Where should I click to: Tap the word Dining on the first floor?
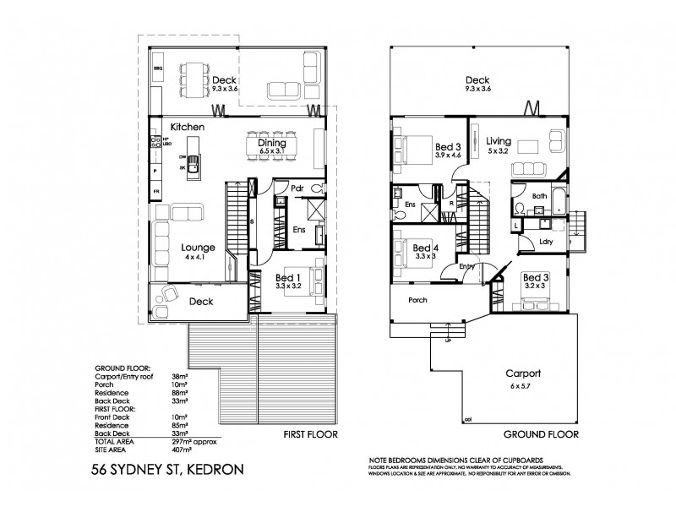pyautogui.click(x=272, y=144)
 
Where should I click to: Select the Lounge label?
pyautogui.click(x=199, y=248)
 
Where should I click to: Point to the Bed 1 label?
pyautogui.click(x=288, y=278)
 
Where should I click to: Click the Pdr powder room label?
pyautogui.click(x=297, y=188)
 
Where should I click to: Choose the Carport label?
pyautogui.click(x=524, y=373)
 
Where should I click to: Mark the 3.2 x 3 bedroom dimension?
pyautogui.click(x=535, y=286)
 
